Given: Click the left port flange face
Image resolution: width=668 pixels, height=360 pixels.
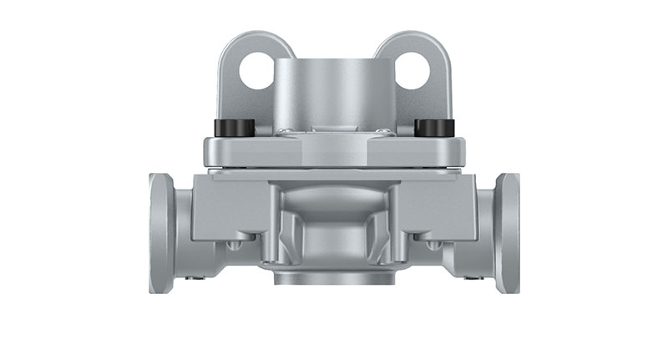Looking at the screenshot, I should (160, 233).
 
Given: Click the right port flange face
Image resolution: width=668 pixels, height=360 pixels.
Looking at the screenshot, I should (508, 233).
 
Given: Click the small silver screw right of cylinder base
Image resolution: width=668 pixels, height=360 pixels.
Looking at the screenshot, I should (382, 131).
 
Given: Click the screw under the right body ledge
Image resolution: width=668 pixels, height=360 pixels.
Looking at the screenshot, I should (432, 245).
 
